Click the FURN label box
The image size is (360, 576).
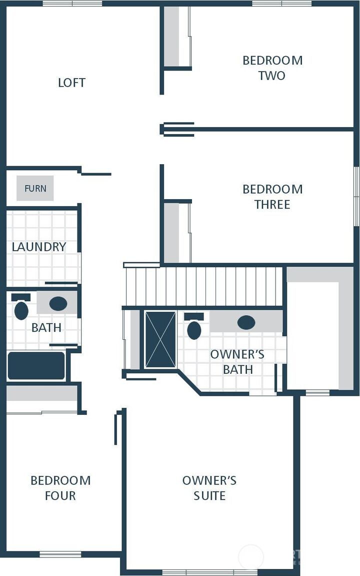[35, 188]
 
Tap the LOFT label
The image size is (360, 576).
[71, 83]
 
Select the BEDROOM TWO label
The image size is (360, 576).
[272, 68]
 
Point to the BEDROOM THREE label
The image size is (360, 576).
[272, 197]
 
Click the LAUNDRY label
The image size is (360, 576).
[39, 247]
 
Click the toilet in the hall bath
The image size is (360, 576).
[21, 310]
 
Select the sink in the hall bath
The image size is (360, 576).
[58, 303]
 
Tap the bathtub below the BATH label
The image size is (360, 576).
[36, 366]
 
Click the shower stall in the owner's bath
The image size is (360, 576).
[160, 340]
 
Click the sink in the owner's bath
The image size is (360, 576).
[246, 322]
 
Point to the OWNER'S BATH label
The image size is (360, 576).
[237, 362]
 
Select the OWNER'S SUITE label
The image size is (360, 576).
[209, 488]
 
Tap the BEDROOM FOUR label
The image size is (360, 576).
[60, 488]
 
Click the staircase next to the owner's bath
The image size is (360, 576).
[203, 286]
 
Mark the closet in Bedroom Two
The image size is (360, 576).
[171, 36]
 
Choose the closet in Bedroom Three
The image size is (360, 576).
[171, 232]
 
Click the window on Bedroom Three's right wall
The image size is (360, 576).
[356, 196]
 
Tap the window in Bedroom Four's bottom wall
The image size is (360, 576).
[60, 554]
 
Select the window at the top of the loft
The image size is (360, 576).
[72, 4]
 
